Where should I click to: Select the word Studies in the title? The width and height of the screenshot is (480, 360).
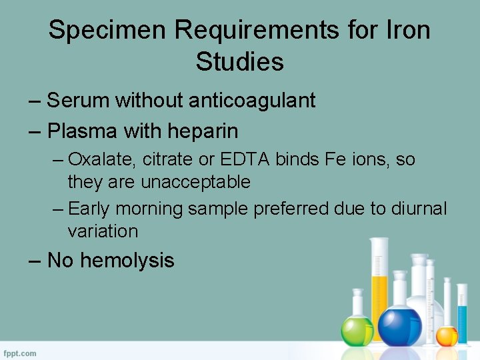[240, 62]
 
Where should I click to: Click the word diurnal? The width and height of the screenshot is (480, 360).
[418, 209]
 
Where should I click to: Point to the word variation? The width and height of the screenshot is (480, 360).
[103, 231]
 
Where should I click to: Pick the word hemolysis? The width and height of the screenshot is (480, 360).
[127, 260]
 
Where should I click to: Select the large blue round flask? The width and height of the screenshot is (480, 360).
[400, 325]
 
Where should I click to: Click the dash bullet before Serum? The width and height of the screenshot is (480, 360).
[36, 101]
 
